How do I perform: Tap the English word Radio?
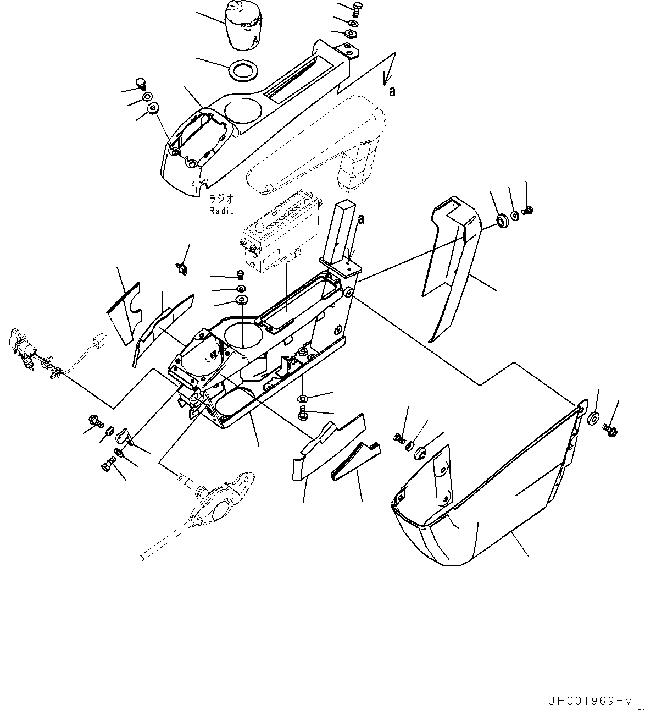[x=221, y=211]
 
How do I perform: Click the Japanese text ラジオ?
[x=221, y=200]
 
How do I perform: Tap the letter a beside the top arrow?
[x=392, y=91]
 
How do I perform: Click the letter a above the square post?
[x=360, y=219]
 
